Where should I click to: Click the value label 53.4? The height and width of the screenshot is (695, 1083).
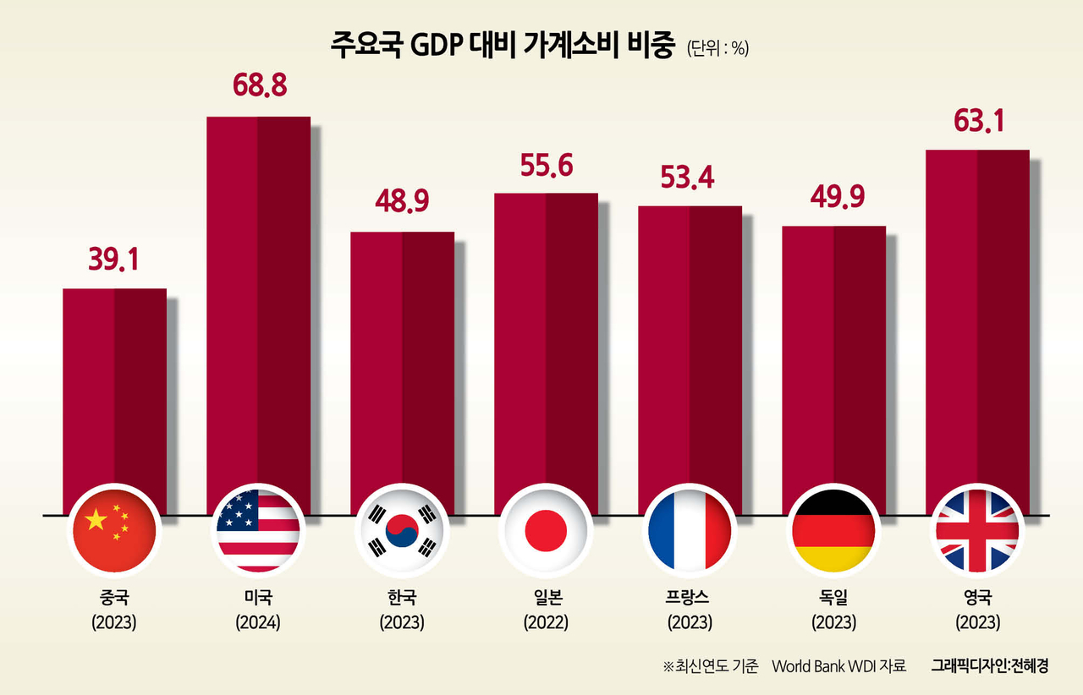tap(689, 178)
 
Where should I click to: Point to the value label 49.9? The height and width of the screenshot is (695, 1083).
tap(833, 199)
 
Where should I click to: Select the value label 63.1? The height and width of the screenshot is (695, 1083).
tap(977, 122)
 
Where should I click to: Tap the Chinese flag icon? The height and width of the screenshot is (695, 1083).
tap(114, 529)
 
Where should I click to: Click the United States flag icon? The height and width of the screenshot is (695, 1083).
tap(258, 529)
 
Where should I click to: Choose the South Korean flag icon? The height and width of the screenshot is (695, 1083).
tap(402, 529)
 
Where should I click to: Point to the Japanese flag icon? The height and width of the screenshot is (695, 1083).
tap(546, 529)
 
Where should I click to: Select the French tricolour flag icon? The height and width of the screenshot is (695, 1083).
tap(689, 529)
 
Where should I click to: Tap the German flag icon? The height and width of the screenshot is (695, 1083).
tap(833, 529)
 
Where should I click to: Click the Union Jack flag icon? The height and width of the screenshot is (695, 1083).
tap(977, 529)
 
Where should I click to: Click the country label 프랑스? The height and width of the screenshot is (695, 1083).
tap(689, 598)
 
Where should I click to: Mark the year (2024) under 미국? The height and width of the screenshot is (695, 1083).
tap(258, 623)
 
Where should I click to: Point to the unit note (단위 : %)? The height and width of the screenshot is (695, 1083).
tap(717, 49)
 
